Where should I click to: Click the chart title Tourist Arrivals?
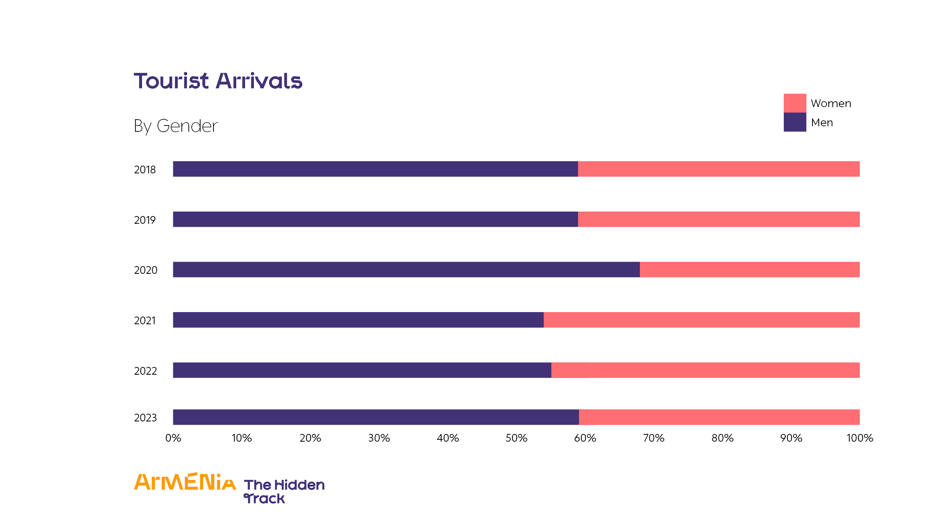point(218,81)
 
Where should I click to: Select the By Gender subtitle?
point(176,126)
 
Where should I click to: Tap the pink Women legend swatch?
point(794,103)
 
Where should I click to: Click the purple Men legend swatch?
point(794,122)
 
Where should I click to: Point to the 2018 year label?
point(145,170)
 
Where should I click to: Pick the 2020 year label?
point(145,270)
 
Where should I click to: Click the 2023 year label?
point(145,418)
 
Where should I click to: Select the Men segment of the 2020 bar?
point(406,269)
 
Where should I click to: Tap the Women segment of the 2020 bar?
point(750,269)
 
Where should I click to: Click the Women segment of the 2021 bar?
point(701,320)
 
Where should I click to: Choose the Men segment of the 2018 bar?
point(375,169)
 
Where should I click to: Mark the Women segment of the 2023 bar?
point(719,417)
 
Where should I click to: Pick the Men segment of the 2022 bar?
point(362,370)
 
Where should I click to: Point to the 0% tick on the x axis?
point(173,438)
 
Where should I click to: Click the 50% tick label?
point(516,438)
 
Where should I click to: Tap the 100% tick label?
point(860,438)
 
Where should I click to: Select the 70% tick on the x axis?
point(654,438)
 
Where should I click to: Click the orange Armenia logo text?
point(185,482)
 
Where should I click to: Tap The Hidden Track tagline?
point(284,491)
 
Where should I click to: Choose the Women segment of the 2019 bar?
point(719,219)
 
